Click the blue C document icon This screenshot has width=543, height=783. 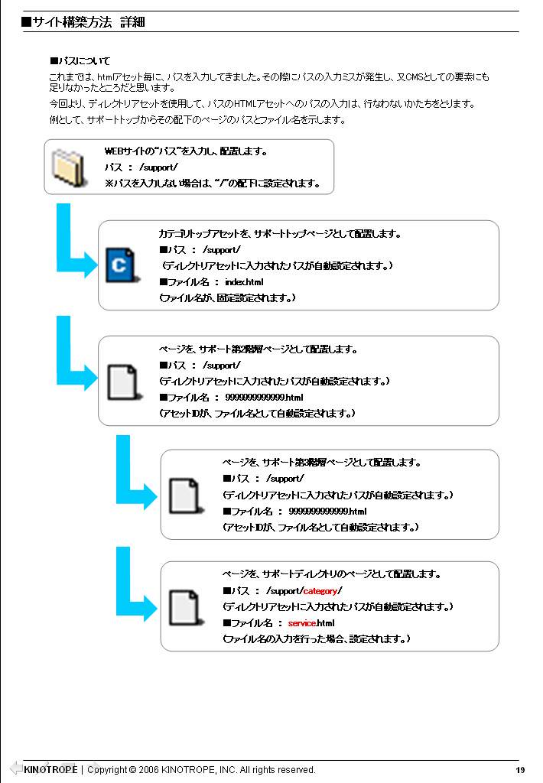click(x=120, y=265)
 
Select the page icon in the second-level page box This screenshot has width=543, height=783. click(x=122, y=382)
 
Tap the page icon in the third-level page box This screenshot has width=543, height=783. click(x=185, y=495)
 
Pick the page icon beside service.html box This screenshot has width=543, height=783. click(x=185, y=608)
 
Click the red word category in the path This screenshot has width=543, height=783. click(x=320, y=591)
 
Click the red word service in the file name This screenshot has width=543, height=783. click(x=302, y=622)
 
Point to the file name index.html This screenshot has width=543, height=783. click(x=244, y=282)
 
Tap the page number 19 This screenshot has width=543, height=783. click(x=520, y=770)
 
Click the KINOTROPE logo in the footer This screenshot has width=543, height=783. click(x=50, y=769)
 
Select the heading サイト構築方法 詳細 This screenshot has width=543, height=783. click(x=89, y=22)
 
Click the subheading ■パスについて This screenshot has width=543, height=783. click(x=80, y=61)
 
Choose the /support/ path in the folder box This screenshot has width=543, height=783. click(x=158, y=167)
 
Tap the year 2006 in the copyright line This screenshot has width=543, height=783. click(x=149, y=770)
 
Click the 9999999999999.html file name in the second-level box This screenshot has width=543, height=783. click(x=265, y=398)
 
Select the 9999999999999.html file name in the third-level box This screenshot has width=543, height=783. click(x=327, y=512)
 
